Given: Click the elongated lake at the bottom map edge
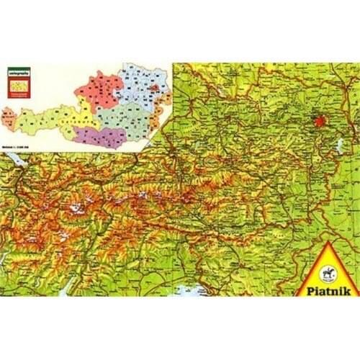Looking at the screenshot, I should click(x=65, y=288).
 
